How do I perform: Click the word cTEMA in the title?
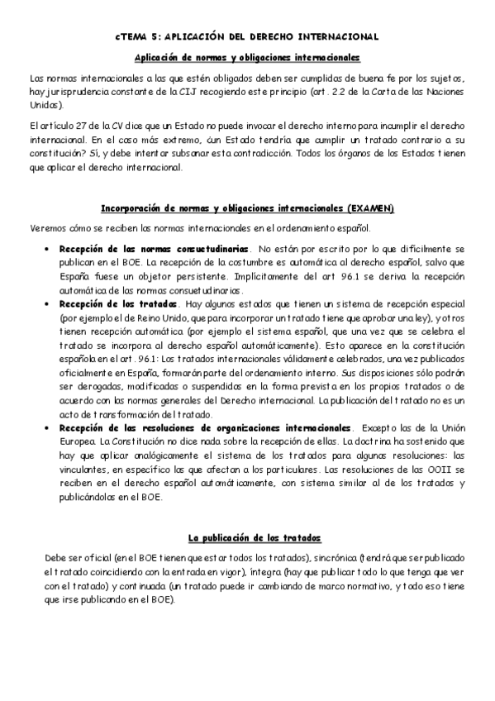(130, 37)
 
